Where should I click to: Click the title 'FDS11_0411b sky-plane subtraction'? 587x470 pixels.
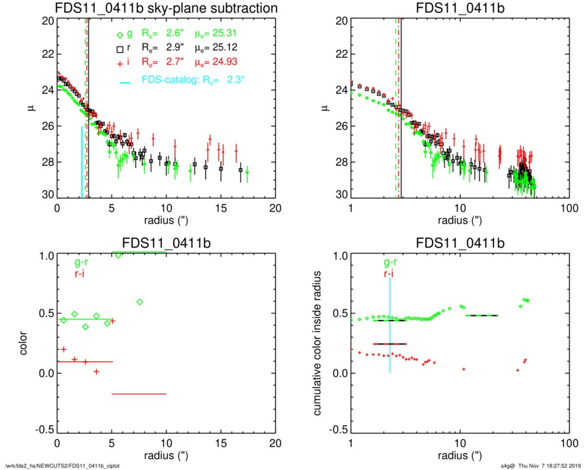(166, 9)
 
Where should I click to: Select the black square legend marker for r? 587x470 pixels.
(119, 48)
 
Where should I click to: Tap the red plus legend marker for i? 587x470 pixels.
(119, 63)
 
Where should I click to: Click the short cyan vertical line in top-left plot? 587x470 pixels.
(82, 161)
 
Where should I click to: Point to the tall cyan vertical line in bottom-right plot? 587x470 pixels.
(389, 325)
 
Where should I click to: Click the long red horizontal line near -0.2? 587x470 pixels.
(139, 394)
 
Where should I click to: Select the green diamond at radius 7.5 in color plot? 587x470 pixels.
(139, 302)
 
